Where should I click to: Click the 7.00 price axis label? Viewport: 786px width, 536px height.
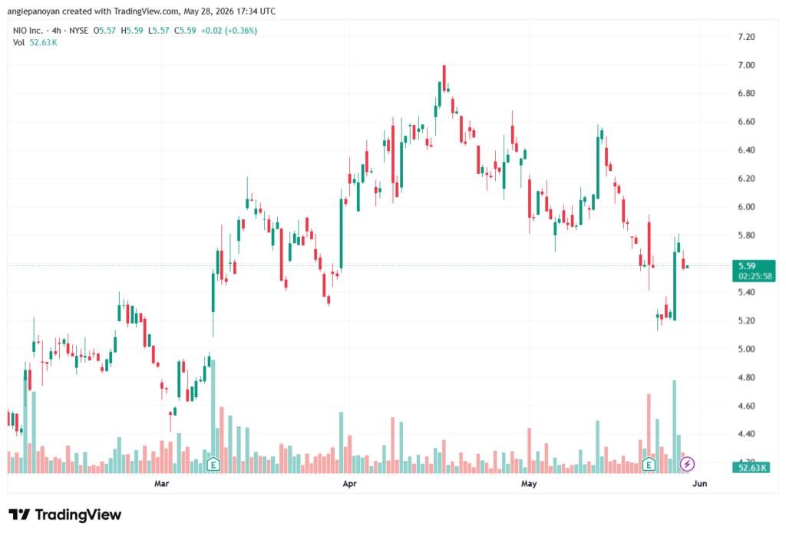click(x=746, y=65)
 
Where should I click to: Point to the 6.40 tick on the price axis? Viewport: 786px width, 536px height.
click(x=746, y=150)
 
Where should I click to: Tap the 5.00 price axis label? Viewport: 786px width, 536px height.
click(x=746, y=349)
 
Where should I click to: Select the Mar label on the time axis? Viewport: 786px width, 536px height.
click(x=161, y=483)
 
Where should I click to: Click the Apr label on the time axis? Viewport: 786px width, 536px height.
click(x=349, y=483)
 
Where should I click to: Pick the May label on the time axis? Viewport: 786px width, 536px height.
click(x=529, y=483)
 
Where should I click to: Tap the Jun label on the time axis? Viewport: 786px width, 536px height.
click(x=700, y=483)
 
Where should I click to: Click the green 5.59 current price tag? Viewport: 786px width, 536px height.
click(x=747, y=266)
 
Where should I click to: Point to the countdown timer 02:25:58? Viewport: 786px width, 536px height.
click(x=755, y=276)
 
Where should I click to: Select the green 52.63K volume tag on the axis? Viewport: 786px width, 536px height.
click(x=752, y=468)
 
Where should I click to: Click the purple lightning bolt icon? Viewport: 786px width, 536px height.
click(x=687, y=465)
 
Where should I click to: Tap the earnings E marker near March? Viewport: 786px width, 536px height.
click(x=213, y=465)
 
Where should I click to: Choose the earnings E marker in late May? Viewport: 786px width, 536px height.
click(x=649, y=465)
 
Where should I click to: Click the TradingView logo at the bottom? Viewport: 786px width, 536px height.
click(x=64, y=515)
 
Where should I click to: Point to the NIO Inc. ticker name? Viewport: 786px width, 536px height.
click(x=28, y=31)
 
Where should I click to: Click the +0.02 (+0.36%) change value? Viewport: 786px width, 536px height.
click(x=229, y=31)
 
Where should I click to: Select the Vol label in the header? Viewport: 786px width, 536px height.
click(x=18, y=43)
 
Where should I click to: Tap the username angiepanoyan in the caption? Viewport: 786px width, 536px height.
click(x=33, y=11)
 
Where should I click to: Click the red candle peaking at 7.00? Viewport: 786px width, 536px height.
click(x=444, y=77)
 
